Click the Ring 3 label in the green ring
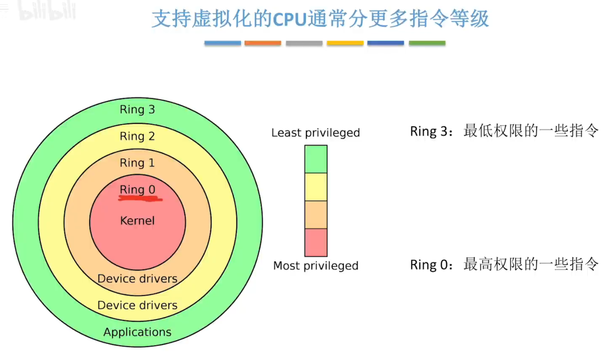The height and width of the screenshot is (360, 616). click(137, 109)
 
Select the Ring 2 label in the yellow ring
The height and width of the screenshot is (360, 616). click(137, 136)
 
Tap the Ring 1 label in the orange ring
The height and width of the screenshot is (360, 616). click(137, 163)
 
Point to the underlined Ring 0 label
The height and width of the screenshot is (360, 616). click(137, 189)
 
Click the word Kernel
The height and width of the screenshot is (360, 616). click(137, 221)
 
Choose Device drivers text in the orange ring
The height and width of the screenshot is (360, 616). click(137, 279)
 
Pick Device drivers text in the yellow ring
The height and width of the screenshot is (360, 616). click(137, 305)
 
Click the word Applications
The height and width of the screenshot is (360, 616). click(137, 332)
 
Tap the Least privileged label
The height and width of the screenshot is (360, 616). click(315, 133)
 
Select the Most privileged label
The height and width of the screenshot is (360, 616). click(315, 265)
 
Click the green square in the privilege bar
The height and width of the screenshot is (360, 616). click(315, 159)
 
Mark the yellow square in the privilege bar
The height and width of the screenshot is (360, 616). click(315, 187)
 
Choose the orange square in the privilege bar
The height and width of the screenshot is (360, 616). click(315, 215)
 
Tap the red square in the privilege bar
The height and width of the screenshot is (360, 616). click(315, 242)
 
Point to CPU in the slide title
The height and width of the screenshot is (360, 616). click(290, 19)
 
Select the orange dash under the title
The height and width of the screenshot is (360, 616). click(263, 43)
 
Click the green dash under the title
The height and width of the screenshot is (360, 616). click(427, 43)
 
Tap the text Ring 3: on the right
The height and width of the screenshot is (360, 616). click(431, 131)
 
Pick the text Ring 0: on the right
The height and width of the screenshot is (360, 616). click(431, 265)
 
